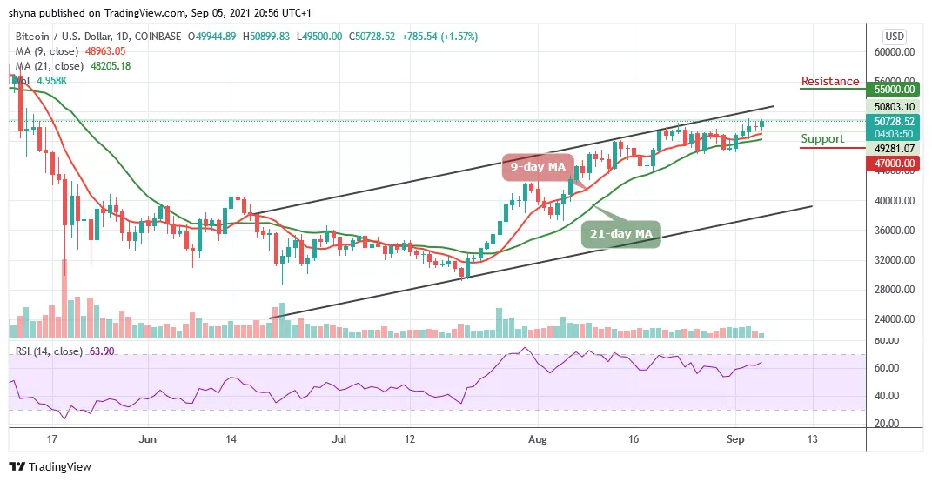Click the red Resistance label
[829, 81]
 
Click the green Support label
[822, 138]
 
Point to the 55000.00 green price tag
[896, 89]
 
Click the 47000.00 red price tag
[896, 162]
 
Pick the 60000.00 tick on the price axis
[896, 52]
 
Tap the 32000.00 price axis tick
[896, 260]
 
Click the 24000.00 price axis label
[896, 319]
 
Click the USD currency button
[895, 37]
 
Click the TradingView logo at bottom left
[50, 467]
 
